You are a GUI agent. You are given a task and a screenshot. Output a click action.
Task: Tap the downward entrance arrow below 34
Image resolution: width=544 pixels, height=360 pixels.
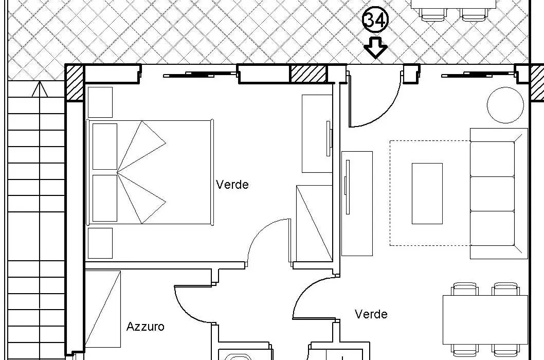375,48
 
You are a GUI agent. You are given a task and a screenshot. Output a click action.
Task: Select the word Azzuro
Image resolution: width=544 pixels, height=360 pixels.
145,327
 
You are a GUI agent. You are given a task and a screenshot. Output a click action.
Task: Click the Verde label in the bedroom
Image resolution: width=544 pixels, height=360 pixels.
232,184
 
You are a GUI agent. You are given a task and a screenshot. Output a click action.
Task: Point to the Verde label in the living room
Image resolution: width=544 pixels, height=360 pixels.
371,314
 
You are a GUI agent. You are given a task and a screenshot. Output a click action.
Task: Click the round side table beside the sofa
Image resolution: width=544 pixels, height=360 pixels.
505,105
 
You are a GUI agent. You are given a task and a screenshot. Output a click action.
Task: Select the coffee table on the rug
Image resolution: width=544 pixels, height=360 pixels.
427,193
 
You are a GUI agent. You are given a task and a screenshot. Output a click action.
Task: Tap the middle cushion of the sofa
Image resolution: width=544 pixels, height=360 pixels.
492,193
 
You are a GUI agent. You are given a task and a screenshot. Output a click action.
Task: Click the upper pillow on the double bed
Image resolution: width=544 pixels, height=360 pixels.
105,147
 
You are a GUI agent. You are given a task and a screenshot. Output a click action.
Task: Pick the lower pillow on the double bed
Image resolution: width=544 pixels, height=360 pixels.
105,198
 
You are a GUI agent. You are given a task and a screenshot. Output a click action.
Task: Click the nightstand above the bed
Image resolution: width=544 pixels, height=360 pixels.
100,102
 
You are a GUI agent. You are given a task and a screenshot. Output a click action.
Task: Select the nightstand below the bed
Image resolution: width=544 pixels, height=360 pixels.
100,243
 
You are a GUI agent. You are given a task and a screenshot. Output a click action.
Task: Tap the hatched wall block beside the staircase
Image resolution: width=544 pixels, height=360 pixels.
75,83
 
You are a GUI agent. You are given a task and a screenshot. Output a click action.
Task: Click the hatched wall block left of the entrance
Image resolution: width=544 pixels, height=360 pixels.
307,74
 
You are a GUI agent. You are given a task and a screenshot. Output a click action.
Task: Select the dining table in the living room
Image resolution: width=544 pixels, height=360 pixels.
485,320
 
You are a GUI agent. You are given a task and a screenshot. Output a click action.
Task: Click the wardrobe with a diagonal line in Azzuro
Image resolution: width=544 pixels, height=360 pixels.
103,309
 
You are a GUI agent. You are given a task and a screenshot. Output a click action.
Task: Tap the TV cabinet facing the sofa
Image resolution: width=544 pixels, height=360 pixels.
357,204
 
